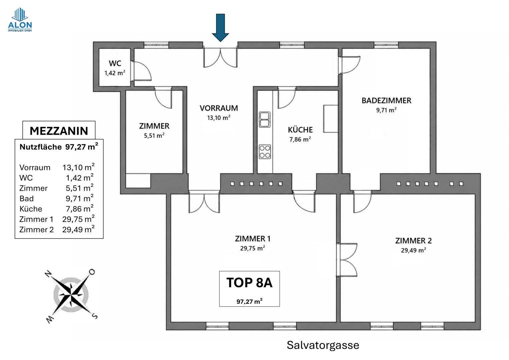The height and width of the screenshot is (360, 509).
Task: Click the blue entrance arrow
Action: (220, 28)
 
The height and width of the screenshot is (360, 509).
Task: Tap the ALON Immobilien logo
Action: (20, 20)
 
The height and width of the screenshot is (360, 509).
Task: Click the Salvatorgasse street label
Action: (323, 345)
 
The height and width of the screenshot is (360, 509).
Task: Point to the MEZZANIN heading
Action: (59, 131)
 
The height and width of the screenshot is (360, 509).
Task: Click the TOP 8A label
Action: (249, 283)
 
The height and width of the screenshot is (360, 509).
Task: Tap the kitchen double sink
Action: (265, 119)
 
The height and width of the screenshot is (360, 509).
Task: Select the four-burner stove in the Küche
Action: (265, 152)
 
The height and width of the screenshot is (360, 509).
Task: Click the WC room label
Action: (115, 63)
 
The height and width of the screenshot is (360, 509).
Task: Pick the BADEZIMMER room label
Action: (386, 100)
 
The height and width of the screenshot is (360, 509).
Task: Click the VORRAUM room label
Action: (219, 108)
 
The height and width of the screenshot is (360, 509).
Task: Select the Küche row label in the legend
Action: (31, 209)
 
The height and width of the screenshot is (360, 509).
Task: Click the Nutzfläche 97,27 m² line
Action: (59, 147)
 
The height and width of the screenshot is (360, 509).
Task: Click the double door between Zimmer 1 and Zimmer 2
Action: (347, 260)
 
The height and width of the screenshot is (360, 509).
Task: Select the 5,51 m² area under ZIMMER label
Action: (154, 135)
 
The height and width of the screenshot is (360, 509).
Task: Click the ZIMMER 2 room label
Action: (413, 241)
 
